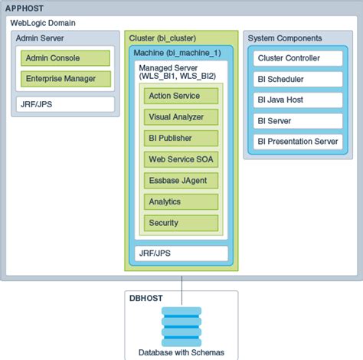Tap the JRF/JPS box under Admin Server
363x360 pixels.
(x=65, y=103)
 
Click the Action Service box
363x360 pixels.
(x=181, y=96)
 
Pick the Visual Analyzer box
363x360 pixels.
(x=181, y=117)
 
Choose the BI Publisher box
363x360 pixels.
(x=181, y=138)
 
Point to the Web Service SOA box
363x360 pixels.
(x=181, y=159)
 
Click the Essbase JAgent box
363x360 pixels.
(x=181, y=181)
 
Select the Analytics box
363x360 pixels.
(x=181, y=201)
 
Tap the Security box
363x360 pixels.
(x=181, y=223)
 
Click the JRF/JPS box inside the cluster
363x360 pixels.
(x=181, y=252)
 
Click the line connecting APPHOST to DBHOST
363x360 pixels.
(x=181, y=285)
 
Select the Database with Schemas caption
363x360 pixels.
(x=181, y=352)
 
